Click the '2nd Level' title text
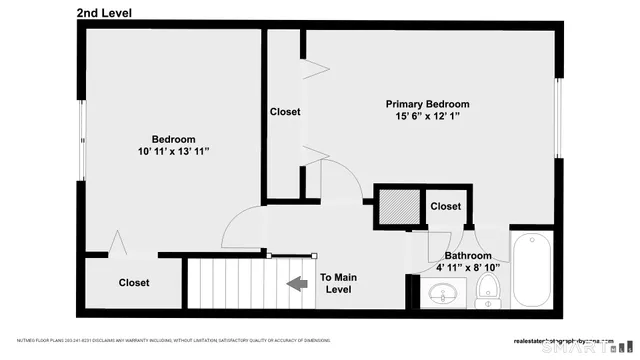[x=104, y=13]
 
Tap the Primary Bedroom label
[x=427, y=104]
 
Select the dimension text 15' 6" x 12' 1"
[x=427, y=117]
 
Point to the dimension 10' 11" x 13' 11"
[x=173, y=151]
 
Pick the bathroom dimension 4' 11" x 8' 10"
[x=468, y=268]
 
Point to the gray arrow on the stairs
[x=297, y=284]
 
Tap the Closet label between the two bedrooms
[x=284, y=112]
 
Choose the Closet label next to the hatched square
[x=446, y=207]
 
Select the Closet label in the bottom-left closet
[x=134, y=283]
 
